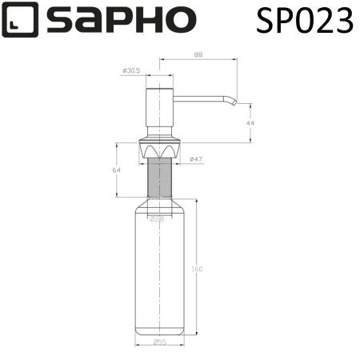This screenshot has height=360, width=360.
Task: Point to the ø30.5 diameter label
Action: (131, 71)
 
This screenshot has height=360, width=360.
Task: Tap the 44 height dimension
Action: (249, 123)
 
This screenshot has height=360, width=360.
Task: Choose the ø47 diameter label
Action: (195, 160)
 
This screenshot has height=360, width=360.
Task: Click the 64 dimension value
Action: (116, 170)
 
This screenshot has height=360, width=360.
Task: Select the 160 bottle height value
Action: (197, 269)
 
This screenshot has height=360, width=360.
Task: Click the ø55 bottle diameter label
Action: (160, 342)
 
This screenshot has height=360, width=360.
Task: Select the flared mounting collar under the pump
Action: (160, 149)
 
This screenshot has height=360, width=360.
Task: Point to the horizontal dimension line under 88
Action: (198, 59)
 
